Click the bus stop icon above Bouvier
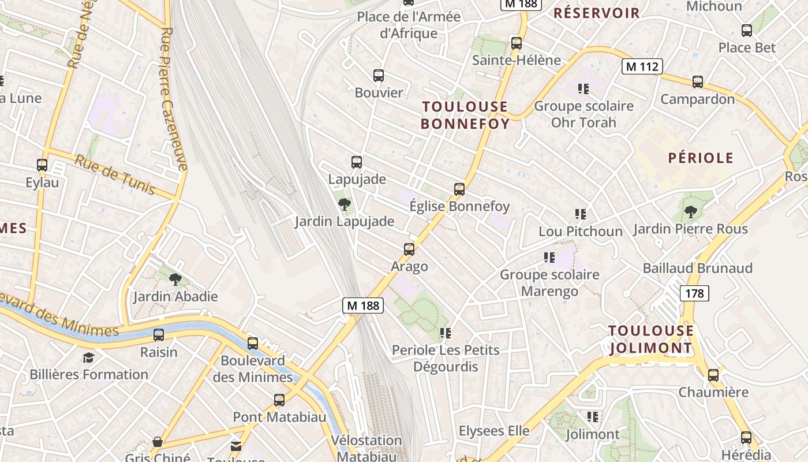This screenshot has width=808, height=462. click(379, 76)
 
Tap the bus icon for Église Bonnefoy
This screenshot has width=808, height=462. click(459, 189)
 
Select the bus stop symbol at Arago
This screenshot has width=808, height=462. click(409, 249)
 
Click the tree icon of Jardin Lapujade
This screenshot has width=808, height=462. click(345, 204)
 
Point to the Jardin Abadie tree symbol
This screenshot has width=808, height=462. click(175, 280)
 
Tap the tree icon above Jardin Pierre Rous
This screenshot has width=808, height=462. click(690, 212)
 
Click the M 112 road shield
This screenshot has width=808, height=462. click(642, 66)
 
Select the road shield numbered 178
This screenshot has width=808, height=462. click(694, 293)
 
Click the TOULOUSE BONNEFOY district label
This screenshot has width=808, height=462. click(465, 115)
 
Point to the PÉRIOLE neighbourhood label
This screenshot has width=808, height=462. click(701, 158)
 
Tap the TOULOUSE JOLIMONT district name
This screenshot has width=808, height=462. click(651, 339)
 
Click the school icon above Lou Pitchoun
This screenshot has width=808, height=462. click(581, 214)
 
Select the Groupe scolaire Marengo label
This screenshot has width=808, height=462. click(549, 283)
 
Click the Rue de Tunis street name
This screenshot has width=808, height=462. click(115, 175)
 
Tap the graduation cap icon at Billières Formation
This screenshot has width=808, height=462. click(88, 357)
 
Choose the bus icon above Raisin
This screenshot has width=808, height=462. click(159, 335)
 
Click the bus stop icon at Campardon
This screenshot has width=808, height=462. click(698, 82)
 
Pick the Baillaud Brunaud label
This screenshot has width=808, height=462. click(697, 268)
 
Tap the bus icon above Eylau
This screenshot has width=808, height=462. click(42, 165)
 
